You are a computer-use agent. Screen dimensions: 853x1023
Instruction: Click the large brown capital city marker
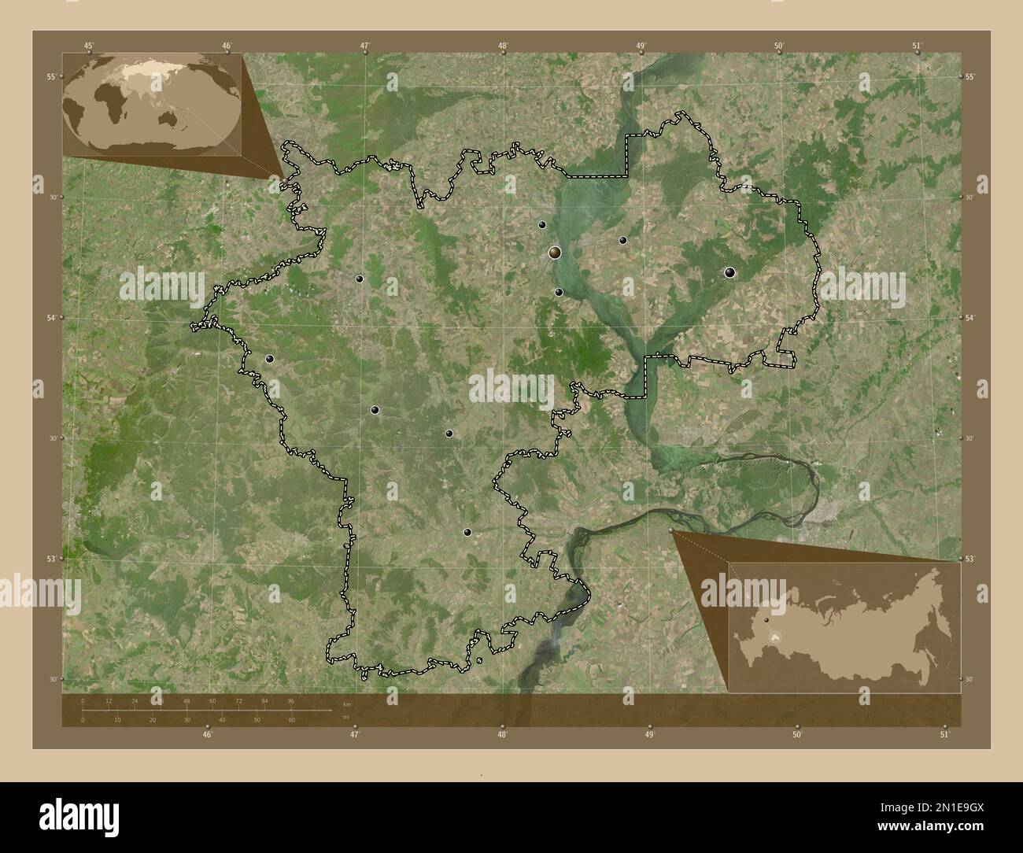(x=555, y=253)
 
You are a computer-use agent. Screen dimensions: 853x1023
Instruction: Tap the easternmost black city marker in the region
(x=729, y=273)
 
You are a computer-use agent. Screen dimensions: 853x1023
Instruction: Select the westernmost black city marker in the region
(x=270, y=359)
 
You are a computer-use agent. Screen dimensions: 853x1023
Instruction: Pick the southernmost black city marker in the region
(x=467, y=533)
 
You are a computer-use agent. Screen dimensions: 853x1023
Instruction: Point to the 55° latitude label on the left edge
(x=50, y=76)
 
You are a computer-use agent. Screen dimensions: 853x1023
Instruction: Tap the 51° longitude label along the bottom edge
(x=944, y=735)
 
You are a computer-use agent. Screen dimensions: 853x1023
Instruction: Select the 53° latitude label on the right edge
(x=970, y=559)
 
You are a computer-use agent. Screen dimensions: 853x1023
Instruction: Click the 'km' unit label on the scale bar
(x=347, y=703)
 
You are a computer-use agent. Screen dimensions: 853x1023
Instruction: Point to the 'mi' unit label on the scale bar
(x=346, y=717)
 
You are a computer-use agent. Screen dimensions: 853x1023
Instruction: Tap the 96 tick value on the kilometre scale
(x=290, y=700)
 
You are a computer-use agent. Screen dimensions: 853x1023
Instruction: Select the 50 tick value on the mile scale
(x=257, y=720)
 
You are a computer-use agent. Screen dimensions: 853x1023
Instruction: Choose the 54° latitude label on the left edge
(x=50, y=318)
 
